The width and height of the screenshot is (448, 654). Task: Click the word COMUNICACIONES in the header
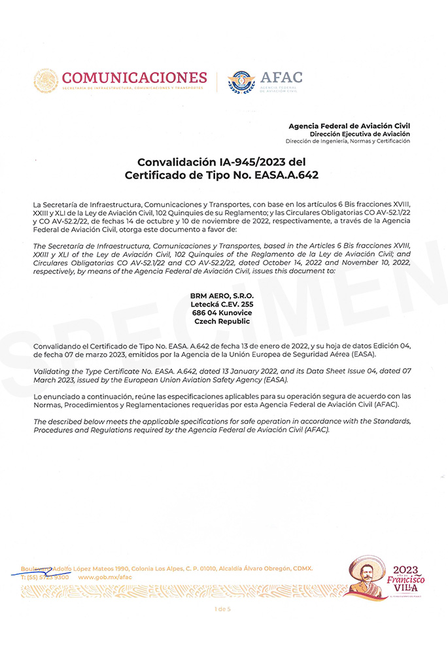pos(134,77)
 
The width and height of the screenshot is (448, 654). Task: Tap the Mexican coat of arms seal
pos(46,81)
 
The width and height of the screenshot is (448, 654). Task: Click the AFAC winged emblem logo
pos(241,82)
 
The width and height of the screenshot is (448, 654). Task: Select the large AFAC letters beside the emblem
pos(281,78)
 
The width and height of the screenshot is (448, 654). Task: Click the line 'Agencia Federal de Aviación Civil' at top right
pos(350,126)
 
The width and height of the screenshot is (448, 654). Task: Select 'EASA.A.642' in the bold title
pos(286,175)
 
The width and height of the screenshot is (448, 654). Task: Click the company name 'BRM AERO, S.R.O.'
pos(222,296)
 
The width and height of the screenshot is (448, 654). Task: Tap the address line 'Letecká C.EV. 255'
pos(222,305)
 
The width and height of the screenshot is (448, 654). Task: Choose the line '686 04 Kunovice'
pos(222,313)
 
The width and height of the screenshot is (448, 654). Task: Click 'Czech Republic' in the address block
pos(222,322)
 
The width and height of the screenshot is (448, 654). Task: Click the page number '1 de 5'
pos(222,609)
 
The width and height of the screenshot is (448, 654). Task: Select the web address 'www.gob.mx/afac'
pos(105,577)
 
